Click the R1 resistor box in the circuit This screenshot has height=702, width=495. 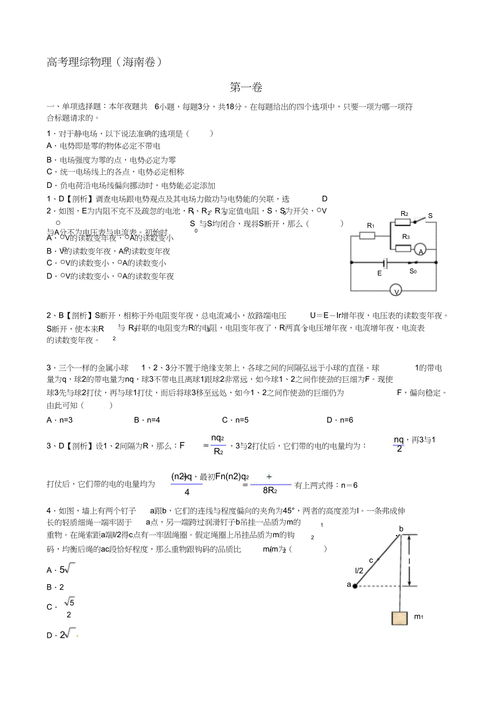367,235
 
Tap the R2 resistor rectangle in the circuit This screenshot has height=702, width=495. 403,222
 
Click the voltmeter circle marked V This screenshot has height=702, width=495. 397,291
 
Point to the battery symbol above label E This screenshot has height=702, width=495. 384,263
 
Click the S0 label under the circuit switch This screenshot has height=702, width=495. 413,271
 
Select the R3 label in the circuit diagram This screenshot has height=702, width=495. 406,237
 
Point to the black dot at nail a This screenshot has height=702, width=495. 355,585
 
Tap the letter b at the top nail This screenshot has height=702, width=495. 401,528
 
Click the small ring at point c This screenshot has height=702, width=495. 378,560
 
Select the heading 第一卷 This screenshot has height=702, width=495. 246,87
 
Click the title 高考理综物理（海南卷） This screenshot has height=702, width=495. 104,62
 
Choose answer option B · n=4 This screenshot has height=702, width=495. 147,420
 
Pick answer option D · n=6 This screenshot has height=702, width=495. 340,420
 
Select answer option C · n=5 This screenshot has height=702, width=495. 235,420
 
